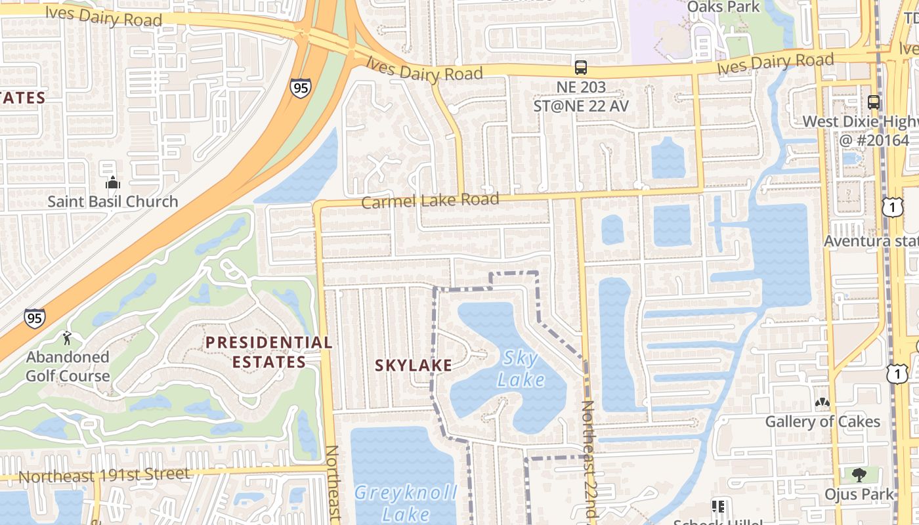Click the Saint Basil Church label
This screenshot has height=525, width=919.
point(112,201)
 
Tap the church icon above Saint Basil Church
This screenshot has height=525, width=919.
point(113,182)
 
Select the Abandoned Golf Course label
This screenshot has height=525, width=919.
point(68,366)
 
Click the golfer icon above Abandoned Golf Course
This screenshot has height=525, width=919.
point(67,339)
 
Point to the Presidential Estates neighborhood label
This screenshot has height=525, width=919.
point(268,352)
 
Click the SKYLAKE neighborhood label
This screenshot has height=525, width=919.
point(413,366)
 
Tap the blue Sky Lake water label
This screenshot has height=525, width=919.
point(521,368)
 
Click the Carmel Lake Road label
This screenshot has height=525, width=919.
point(430,200)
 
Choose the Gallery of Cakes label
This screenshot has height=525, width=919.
point(823,421)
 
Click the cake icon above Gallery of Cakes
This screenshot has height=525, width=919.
point(822,401)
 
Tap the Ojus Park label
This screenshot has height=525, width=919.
point(859,493)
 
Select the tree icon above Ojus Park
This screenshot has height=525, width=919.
point(859,474)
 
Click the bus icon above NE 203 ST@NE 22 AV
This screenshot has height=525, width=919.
point(581,67)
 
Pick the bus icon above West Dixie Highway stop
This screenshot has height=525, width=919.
point(874,102)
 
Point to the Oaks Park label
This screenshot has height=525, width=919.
point(723,7)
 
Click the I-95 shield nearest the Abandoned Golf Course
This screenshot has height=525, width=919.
point(35,318)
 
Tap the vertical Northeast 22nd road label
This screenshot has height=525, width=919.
point(589,459)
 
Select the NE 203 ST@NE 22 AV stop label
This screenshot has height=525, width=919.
point(581,96)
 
